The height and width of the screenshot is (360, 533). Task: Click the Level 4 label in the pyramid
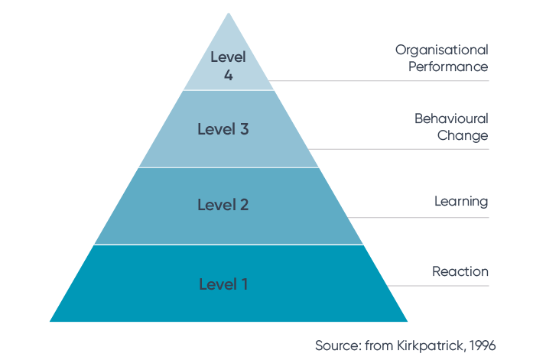228,66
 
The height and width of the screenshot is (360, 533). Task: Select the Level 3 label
223,129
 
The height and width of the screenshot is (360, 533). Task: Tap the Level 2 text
223,205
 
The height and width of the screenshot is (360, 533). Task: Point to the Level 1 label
223,284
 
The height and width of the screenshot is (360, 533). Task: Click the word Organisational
442,50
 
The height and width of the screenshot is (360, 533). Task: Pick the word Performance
448,66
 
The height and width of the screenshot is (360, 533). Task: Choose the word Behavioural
451,118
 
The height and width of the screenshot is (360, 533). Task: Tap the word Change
463,135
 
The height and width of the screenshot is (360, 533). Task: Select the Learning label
461,201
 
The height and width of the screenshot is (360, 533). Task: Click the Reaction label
460,271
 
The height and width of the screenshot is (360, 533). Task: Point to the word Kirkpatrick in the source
430,345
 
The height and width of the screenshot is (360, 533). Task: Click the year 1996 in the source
483,345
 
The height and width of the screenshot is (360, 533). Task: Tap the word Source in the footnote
336,345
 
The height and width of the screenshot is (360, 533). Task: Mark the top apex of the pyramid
229,13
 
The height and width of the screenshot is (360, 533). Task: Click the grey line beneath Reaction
438,286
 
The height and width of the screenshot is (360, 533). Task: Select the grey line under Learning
418,217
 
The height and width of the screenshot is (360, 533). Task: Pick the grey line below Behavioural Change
398,149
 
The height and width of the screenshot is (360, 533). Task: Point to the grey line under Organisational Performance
379,81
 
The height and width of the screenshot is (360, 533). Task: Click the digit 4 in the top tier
228,75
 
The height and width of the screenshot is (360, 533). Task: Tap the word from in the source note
379,345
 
